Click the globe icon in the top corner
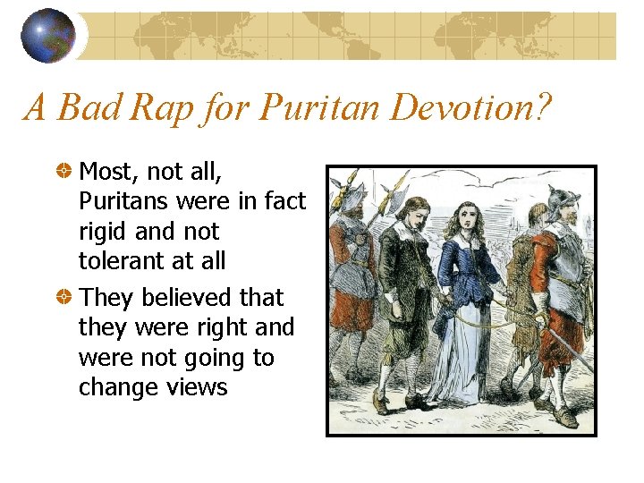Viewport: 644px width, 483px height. pyautogui.click(x=48, y=35)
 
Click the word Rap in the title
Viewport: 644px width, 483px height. pyautogui.click(x=165, y=109)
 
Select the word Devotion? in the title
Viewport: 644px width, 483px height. pyautogui.click(x=471, y=109)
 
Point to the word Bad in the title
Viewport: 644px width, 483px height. pyautogui.click(x=92, y=109)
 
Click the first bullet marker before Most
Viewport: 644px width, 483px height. pyautogui.click(x=64, y=171)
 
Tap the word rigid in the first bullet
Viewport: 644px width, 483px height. pyautogui.click(x=103, y=232)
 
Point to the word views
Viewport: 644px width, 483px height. pyautogui.click(x=203, y=388)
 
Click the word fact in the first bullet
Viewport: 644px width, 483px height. pyautogui.click(x=284, y=201)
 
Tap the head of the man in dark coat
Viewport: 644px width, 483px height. pyautogui.click(x=410, y=211)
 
